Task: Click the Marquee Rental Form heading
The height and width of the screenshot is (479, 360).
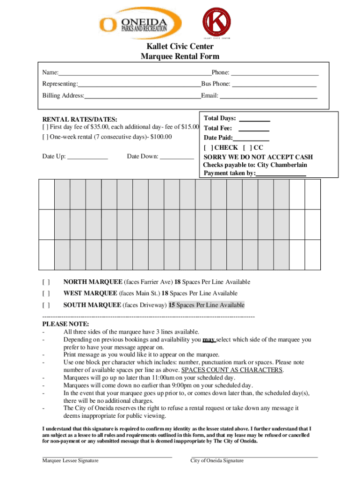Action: pos(180,57)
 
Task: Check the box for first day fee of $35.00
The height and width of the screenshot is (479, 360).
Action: pos(45,127)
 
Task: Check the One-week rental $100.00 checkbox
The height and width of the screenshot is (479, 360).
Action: pos(45,137)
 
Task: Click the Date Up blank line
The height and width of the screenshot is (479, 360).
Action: pos(87,158)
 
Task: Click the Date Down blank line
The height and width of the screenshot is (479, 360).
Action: pos(177,158)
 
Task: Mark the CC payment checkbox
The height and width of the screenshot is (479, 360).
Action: pos(247,147)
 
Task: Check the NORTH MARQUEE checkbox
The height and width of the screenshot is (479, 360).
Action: pos(46,282)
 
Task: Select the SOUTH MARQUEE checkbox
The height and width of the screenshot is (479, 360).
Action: pos(46,305)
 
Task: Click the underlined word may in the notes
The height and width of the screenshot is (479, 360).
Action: pos(209,340)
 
